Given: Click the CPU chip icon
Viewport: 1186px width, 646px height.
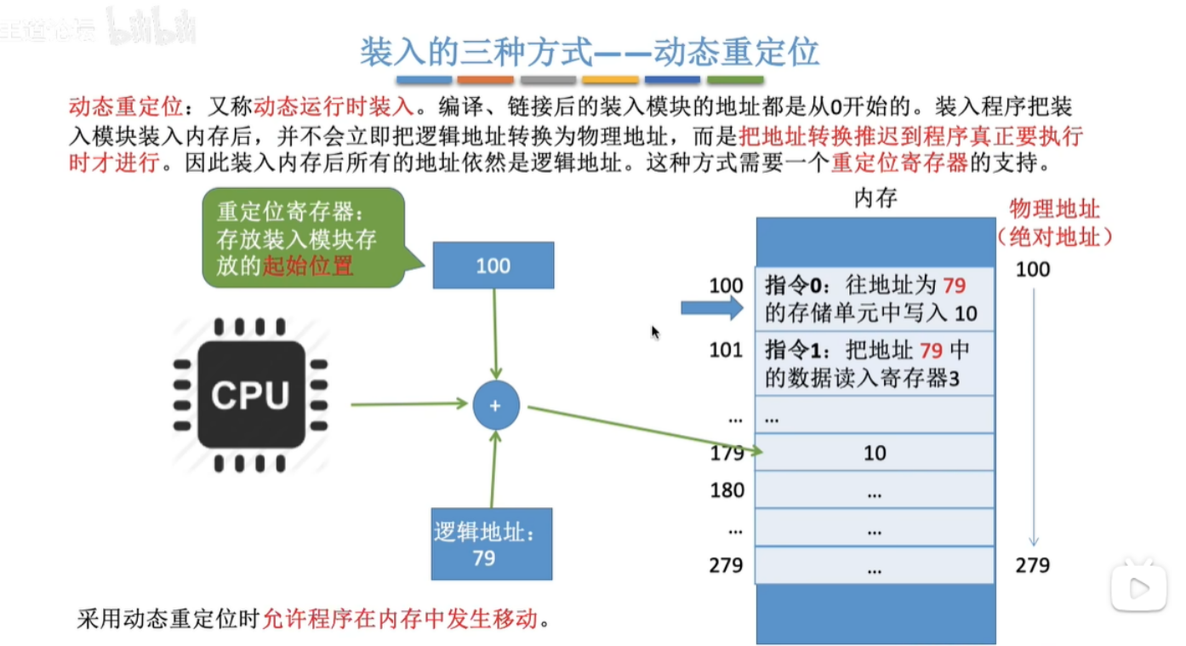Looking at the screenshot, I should coord(251,395).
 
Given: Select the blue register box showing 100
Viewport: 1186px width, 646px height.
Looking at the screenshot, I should coord(493,265).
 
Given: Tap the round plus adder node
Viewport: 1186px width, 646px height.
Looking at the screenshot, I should coord(496,406).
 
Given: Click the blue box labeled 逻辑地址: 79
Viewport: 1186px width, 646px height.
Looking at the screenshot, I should coord(492,545).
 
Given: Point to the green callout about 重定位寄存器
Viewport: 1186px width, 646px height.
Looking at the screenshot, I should coord(303,238).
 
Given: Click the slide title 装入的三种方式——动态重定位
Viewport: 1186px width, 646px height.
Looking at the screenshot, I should coord(589,53).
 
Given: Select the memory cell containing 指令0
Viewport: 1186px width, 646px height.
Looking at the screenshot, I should coord(874,299).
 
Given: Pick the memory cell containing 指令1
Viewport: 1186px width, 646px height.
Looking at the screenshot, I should coord(874,364).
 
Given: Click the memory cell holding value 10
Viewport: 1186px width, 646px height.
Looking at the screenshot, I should coord(875,453).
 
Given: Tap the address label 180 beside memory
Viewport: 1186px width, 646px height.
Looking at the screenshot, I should coord(727,490).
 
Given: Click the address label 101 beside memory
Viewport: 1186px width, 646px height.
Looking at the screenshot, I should coord(726,351).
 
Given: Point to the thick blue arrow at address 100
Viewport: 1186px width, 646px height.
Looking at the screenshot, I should coord(711,308).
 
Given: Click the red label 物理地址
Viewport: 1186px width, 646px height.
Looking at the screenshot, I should coord(1054,209).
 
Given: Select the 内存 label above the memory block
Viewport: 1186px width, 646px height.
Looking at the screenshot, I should coord(875,199).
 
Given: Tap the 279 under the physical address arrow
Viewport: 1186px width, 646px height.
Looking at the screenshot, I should coord(1032,565).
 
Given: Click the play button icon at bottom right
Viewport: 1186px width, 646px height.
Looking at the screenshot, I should coord(1139,586).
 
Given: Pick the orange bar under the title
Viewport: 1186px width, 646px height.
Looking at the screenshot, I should coord(486,80).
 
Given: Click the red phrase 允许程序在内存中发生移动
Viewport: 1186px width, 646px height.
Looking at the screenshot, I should coord(401,618).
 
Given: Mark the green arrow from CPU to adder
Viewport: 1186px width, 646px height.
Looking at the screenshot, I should coord(409,403).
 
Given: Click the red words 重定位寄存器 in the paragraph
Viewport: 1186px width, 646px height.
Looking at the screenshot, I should coord(899,162).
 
